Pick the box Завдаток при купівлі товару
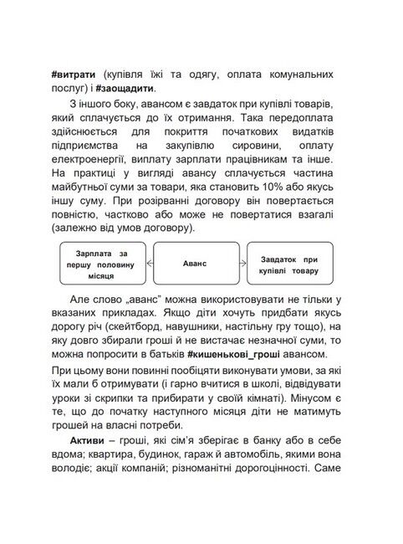point(288,264)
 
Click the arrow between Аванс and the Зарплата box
point(150,264)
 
